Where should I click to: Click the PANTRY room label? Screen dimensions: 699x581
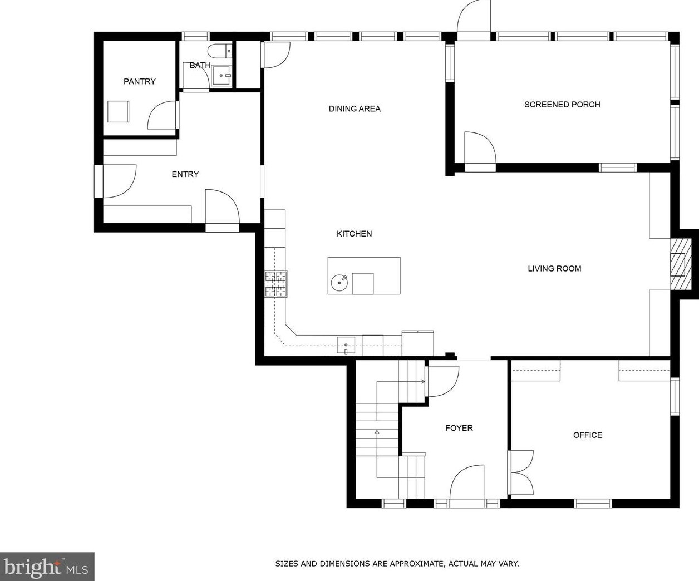click(x=140, y=81)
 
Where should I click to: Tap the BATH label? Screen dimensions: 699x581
click(x=200, y=65)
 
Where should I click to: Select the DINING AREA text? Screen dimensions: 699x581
click(x=355, y=109)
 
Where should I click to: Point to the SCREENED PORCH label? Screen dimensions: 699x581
click(x=562, y=105)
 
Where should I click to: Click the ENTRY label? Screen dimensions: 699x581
click(x=185, y=174)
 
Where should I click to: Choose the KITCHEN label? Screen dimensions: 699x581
click(x=354, y=234)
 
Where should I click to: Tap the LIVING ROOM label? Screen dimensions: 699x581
click(x=554, y=269)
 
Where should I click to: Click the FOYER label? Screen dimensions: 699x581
click(x=459, y=428)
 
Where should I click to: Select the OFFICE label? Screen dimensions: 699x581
click(x=588, y=435)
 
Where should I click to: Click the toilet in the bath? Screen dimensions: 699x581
click(x=220, y=51)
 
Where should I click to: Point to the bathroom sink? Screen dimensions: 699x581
click(x=221, y=76)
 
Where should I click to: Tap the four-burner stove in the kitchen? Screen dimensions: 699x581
click(x=276, y=284)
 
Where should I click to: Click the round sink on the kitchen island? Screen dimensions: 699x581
click(x=339, y=283)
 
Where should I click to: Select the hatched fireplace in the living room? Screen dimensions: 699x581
click(x=681, y=264)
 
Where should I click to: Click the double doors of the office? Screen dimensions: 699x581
click(x=520, y=472)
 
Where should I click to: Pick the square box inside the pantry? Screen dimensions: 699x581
click(x=118, y=111)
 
